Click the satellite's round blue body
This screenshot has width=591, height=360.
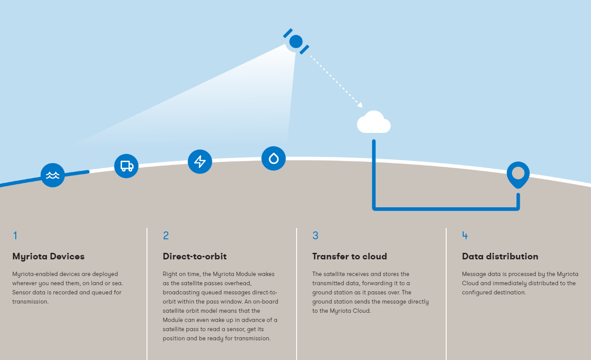click(296, 42)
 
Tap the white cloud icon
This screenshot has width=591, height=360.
click(374, 122)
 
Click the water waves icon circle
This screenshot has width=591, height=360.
click(53, 175)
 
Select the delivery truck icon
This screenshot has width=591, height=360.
click(126, 166)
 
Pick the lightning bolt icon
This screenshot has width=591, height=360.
click(200, 161)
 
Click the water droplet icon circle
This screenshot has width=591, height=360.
click(273, 158)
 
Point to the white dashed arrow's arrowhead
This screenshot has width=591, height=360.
click(360, 105)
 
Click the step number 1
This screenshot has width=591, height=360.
click(15, 235)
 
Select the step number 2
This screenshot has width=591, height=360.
click(166, 235)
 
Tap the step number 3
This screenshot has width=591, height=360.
click(315, 235)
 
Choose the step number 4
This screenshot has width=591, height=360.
click(465, 235)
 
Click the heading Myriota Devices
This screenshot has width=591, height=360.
click(48, 257)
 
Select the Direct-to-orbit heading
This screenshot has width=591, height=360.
click(195, 256)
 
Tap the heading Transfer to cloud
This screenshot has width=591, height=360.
click(350, 256)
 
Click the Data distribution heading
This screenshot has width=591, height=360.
click(500, 256)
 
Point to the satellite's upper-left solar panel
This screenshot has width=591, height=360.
click(288, 33)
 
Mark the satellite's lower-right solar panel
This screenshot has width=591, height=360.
click(304, 50)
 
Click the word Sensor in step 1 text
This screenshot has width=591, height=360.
click(21, 293)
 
